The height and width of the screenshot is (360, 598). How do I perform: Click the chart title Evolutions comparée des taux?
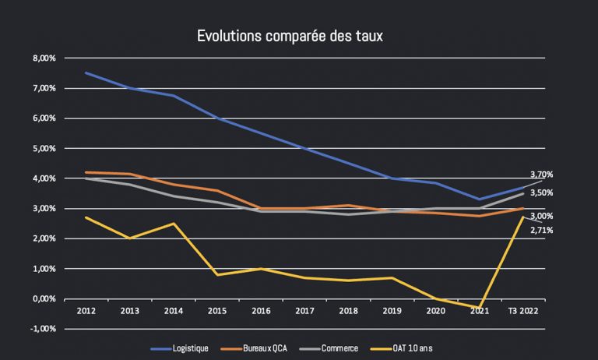pyautogui.click(x=290, y=36)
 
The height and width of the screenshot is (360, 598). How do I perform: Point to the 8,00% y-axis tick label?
pyautogui.click(x=44, y=58)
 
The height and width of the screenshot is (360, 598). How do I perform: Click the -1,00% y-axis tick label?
pyautogui.click(x=44, y=329)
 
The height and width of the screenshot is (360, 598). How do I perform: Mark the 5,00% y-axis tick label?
pyautogui.click(x=44, y=148)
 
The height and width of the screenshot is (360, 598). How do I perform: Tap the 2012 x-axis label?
pyautogui.click(x=86, y=311)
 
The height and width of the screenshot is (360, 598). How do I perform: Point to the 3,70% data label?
pyautogui.click(x=541, y=175)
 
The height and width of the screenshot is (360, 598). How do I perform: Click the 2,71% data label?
pyautogui.click(x=541, y=231)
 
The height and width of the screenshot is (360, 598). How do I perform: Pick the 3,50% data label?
pyautogui.click(x=541, y=192)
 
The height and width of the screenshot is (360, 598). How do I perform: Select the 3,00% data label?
pyautogui.click(x=541, y=216)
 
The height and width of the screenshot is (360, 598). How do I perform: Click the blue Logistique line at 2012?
pyautogui.click(x=86, y=73)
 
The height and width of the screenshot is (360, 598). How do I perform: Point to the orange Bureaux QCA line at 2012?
pyautogui.click(x=86, y=172)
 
